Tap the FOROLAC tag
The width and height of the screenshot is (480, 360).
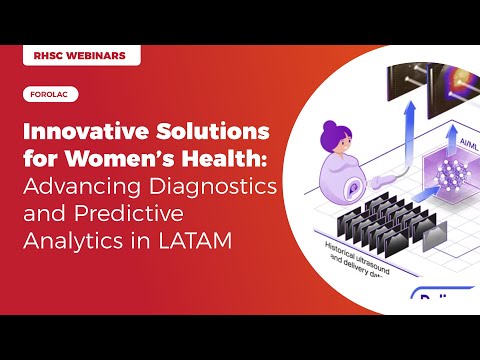tap(49, 96)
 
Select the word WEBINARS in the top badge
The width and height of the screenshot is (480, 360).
tap(98, 56)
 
